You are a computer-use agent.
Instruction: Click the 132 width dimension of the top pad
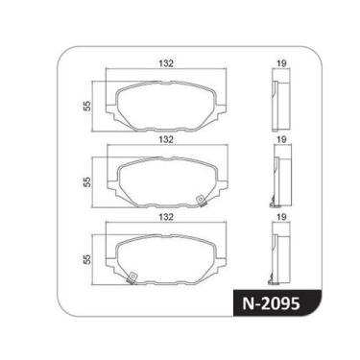click(x=165, y=63)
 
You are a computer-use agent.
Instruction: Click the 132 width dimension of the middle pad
click(x=165, y=140)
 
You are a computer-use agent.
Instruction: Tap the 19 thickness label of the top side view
click(x=281, y=63)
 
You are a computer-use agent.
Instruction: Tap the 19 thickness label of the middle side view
click(x=281, y=140)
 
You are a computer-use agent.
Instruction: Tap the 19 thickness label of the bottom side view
click(x=281, y=219)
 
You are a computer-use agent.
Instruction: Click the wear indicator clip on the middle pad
click(x=199, y=200)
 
